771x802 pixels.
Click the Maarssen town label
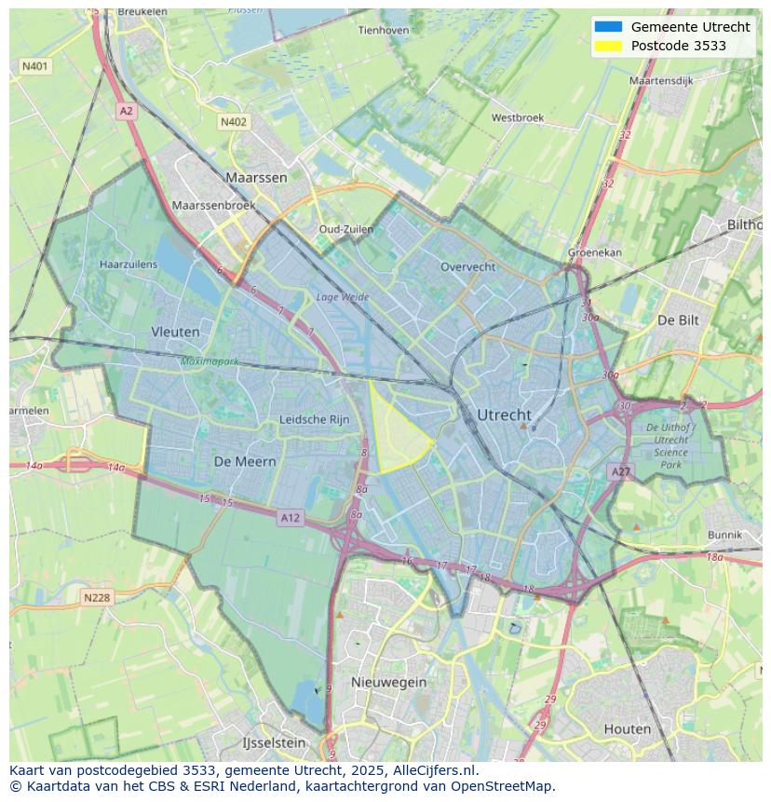click(256, 177)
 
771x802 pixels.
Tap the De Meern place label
click(245, 461)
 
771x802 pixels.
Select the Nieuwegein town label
click(388, 682)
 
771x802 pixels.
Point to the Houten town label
click(627, 728)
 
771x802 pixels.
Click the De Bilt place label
click(678, 319)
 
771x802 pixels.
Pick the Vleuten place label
click(175, 332)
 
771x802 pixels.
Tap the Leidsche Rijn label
click(315, 420)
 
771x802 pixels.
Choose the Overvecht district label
click(467, 266)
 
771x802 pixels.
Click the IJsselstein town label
click(274, 743)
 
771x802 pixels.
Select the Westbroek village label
click(517, 118)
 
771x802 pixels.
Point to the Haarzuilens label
click(128, 265)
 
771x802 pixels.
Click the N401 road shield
click(36, 66)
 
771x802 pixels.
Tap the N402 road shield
click(234, 122)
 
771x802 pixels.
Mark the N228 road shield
click(97, 597)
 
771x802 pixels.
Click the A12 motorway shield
click(290, 518)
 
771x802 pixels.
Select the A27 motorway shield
click(621, 472)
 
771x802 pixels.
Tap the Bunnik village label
click(724, 535)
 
